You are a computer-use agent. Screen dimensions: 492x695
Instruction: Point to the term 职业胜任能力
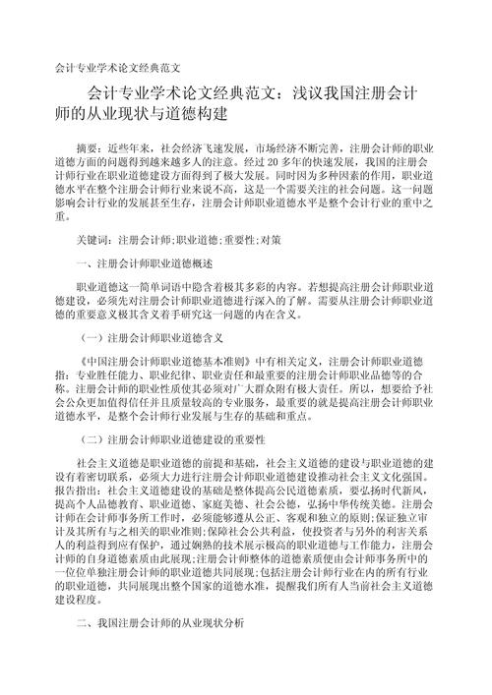pyautogui.click(x=109, y=378)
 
